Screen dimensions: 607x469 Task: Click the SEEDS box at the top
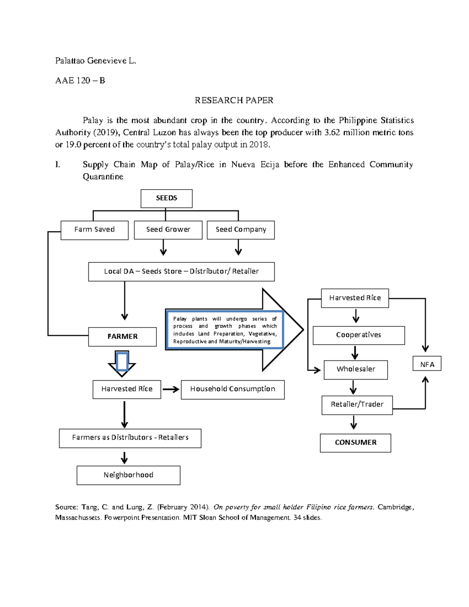(166, 199)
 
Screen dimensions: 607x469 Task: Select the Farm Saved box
(95, 230)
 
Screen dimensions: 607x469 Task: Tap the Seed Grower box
(168, 230)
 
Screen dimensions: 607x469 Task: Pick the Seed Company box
(240, 230)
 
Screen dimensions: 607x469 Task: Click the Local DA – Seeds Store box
(181, 272)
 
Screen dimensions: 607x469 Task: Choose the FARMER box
(122, 337)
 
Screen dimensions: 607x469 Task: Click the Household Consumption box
(233, 389)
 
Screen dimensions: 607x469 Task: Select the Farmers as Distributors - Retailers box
(130, 438)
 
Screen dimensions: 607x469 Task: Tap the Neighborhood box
(128, 475)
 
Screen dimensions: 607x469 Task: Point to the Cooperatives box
(358, 335)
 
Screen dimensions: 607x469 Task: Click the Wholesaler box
(356, 369)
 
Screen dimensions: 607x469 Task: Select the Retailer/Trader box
(357, 405)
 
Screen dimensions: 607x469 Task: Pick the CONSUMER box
(355, 443)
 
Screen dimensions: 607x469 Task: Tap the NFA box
(427, 364)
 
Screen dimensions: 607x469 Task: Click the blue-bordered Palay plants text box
(225, 330)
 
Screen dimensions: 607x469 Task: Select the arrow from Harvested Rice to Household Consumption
(171, 389)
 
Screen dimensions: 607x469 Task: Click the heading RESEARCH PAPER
(234, 100)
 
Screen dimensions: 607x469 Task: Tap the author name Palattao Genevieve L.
(95, 61)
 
